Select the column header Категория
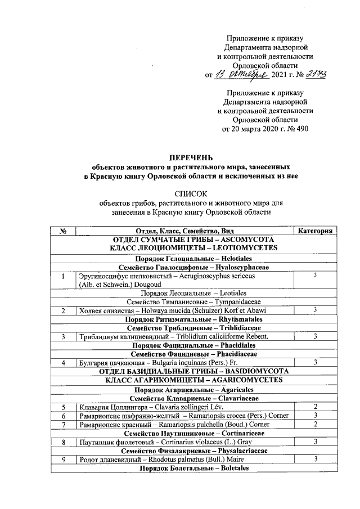(x=317, y=231)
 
